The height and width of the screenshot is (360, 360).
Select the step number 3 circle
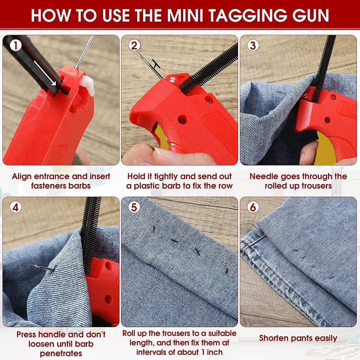coord(252,45)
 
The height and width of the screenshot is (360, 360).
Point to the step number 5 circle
coord(134,207)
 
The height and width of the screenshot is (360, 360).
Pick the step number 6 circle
coord(252,207)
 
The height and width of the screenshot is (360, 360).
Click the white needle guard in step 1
coord(89,85)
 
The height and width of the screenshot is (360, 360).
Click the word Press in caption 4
coord(28,335)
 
